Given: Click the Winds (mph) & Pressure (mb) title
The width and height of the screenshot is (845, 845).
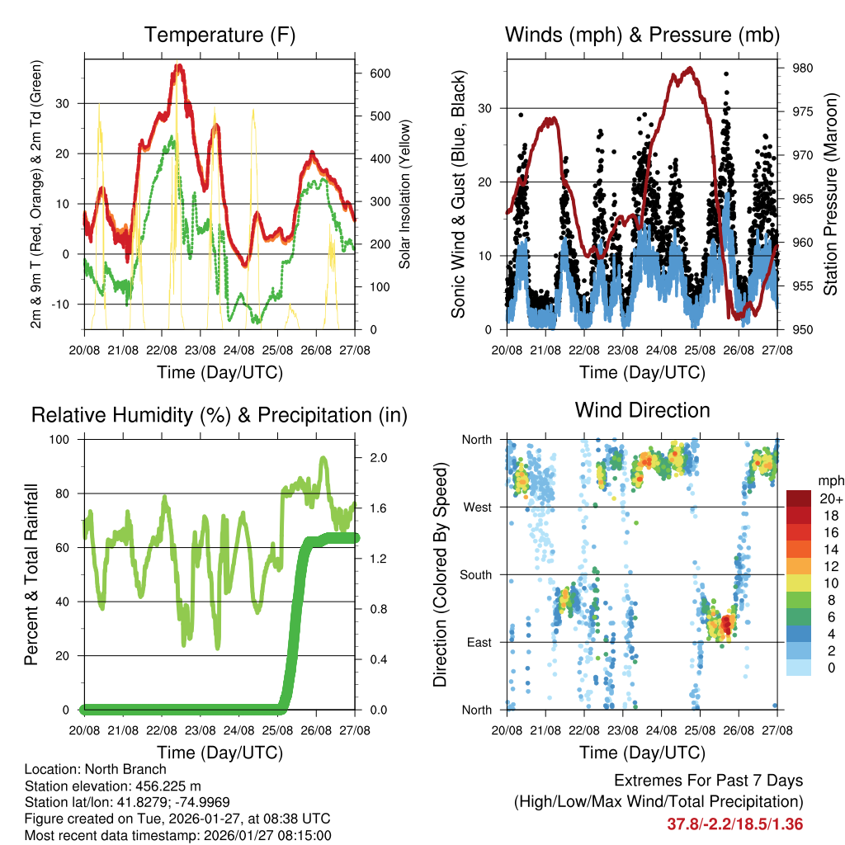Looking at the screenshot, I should point(642,35).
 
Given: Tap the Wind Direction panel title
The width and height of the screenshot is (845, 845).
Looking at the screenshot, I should point(642,410).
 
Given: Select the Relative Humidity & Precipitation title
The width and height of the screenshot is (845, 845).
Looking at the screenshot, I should point(219,415).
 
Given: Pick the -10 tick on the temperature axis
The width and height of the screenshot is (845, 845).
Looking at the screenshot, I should point(66,304).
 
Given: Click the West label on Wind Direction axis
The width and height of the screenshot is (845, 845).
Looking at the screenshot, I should point(478,507).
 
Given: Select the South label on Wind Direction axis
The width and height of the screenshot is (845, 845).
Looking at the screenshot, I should point(475,575).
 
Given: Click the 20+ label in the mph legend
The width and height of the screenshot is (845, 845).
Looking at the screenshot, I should point(830,499).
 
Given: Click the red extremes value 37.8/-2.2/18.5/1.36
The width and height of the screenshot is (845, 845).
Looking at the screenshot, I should point(734,824).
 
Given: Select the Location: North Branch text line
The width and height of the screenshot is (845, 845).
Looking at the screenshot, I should point(96,770).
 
